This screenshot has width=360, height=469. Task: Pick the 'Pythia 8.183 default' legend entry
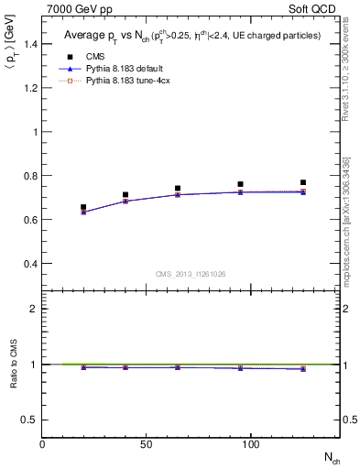coord(122,69)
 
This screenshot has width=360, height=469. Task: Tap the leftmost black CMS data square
coord(83,207)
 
